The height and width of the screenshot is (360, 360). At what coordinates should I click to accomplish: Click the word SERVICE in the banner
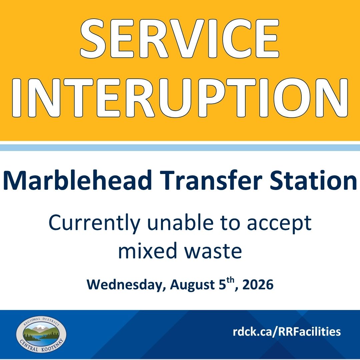180,38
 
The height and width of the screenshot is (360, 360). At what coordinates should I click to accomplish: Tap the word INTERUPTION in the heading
180,98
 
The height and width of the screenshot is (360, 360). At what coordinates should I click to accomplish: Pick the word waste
213,251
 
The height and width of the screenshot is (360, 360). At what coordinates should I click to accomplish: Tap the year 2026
258,285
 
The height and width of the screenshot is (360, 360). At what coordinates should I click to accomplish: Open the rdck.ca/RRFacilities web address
287,332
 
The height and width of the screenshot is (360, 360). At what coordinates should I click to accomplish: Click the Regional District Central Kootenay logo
41,334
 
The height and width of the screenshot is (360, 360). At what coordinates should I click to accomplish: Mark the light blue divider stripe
180,148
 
